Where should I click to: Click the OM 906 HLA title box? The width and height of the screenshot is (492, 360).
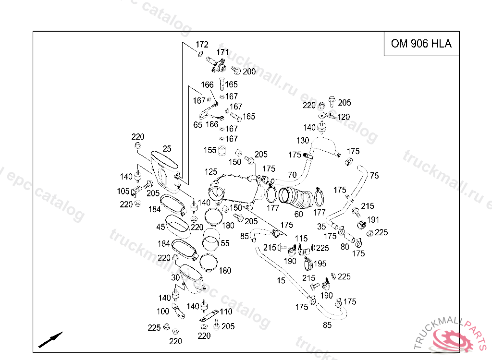coord(421,44)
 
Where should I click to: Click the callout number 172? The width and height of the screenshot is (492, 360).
coord(202,45)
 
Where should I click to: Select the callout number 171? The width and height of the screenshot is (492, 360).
coord(222,52)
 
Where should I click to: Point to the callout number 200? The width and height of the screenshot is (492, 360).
coord(249,72)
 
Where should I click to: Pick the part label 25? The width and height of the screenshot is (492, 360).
coord(167,149)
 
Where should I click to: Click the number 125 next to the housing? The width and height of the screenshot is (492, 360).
coord(211,172)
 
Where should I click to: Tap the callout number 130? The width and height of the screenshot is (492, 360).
coord(303,141)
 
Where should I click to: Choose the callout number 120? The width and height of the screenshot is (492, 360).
coord(344,117)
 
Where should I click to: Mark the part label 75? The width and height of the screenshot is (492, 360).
coord(375,176)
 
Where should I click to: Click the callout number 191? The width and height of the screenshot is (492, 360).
coord(373,220)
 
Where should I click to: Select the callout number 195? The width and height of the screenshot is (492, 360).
coord(320,264)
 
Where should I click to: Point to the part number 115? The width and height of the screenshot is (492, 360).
coord(301,239)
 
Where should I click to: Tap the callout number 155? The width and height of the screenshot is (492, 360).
coord(210,150)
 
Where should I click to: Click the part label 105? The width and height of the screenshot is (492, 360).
coord(123,192)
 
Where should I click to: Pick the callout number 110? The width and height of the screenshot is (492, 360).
coord(226,312)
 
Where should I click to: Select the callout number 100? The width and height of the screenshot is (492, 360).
coord(163,312)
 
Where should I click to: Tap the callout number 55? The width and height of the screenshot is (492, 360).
coord(225,243)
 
